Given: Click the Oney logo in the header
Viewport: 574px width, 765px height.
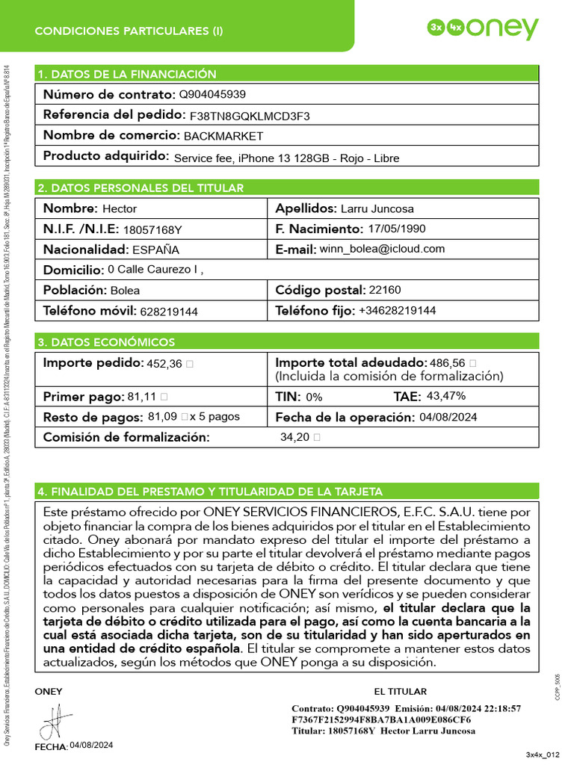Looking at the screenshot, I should (483, 28).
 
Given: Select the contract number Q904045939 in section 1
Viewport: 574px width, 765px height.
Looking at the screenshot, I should (212, 95).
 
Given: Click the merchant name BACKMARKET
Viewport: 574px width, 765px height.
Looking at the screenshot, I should (223, 136).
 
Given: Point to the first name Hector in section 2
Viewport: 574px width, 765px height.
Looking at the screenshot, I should (120, 208).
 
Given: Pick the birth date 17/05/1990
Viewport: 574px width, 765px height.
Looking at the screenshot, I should (398, 229).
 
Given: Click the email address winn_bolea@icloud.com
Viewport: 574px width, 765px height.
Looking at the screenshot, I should (382, 249).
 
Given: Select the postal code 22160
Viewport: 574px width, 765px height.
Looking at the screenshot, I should (385, 290).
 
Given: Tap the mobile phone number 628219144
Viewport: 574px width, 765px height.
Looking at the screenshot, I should (170, 312).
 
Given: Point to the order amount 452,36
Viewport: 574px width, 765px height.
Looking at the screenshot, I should (164, 364).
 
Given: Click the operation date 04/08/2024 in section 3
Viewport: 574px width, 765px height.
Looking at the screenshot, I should (448, 417).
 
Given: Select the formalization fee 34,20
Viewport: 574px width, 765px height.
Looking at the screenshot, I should (294, 437).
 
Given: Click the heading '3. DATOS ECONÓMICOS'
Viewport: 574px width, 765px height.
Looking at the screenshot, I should (106, 342).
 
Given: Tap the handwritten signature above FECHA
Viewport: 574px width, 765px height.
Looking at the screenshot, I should (52, 722).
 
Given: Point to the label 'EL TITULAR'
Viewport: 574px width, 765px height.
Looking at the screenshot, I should (400, 692).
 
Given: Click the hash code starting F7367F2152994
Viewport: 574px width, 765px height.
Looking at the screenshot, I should (371, 719).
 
